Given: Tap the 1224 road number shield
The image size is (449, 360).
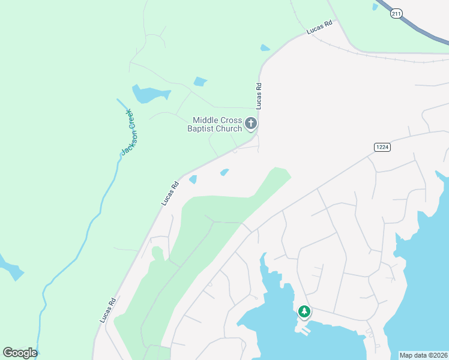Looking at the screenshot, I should (x=382, y=147).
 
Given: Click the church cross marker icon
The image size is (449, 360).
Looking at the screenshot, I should (x=252, y=124).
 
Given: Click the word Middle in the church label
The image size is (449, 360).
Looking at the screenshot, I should (x=205, y=120).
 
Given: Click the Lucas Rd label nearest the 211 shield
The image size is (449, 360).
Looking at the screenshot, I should (x=319, y=28).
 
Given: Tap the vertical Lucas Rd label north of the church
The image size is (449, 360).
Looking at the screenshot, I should (x=259, y=95).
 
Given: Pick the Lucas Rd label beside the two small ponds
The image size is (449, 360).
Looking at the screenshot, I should (x=170, y=193).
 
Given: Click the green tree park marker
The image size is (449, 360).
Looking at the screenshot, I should (x=304, y=312).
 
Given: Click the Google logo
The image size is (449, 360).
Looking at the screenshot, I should (x=20, y=353).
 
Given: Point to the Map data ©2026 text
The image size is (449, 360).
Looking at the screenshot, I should (x=423, y=355).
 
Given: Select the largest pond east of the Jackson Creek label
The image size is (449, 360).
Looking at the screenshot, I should (x=148, y=94).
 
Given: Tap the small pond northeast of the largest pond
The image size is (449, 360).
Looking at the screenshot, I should (x=200, y=82).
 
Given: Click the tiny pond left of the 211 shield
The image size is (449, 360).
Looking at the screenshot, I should (x=375, y=7).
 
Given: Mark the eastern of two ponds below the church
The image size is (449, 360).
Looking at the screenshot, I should (x=224, y=172).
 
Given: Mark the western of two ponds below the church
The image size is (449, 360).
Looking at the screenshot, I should (x=193, y=179).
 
